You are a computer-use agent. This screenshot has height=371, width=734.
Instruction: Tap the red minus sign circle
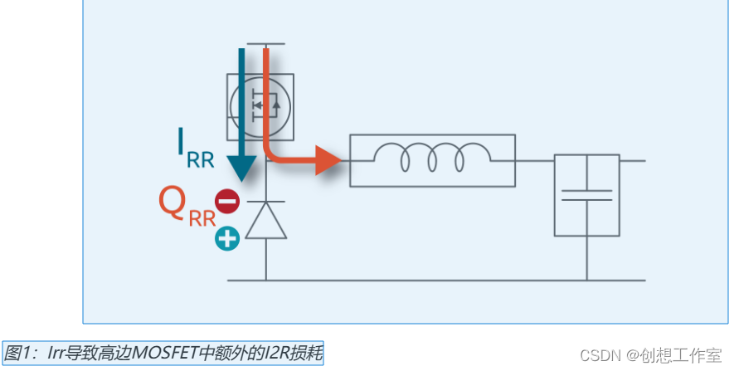pos(227,201)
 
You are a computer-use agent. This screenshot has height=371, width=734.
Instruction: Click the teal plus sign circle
pos(227,239)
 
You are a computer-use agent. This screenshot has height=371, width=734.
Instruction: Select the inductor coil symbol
pos(431,158)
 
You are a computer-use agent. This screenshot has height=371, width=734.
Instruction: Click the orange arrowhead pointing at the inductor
pos(328,160)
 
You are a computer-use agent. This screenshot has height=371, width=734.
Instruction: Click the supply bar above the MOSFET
pos(266,44)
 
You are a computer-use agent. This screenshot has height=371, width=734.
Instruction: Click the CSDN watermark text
pos(600,355)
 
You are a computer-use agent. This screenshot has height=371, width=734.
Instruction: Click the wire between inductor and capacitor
pos(535,160)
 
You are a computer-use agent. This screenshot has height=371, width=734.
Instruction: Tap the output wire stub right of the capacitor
pos(632,160)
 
